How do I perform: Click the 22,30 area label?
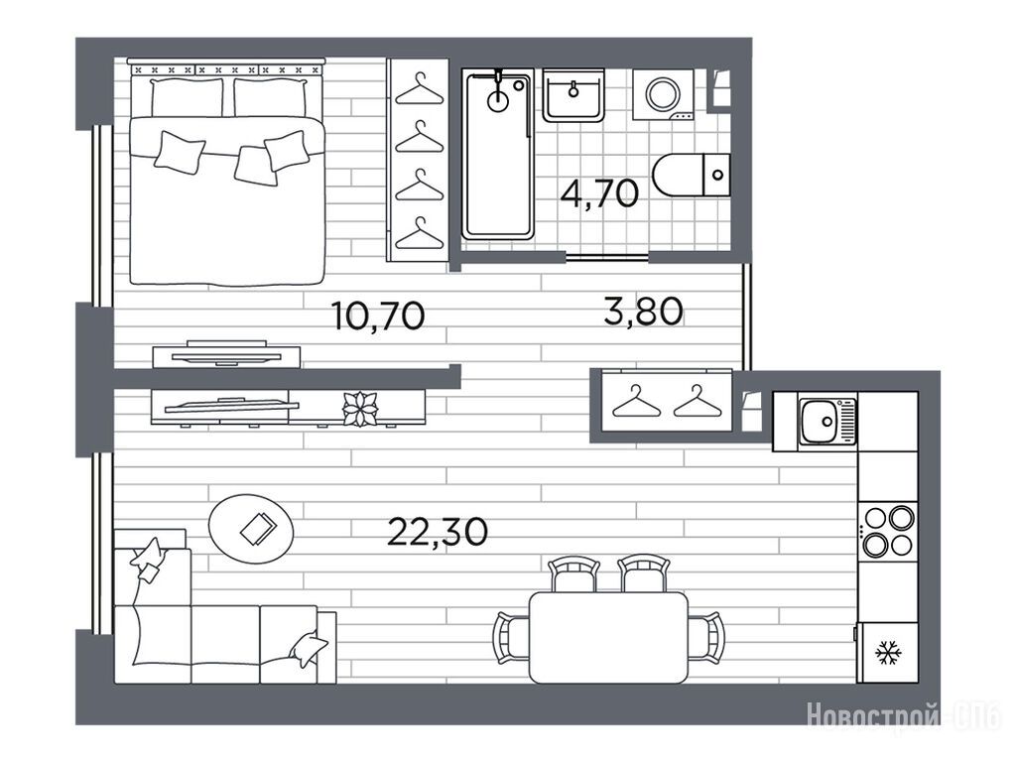438,532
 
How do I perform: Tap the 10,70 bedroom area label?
378,316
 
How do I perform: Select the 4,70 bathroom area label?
600,192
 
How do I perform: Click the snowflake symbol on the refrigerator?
886,653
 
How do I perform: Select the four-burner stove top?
888,532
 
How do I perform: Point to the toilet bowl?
678,175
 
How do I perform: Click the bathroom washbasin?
573,95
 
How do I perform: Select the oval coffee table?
251,529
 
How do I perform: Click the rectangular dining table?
608,638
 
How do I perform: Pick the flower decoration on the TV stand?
360,409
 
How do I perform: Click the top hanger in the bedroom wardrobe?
420,89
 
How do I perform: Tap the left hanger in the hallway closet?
636,402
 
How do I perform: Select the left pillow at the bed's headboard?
187,98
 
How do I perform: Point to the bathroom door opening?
607,257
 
